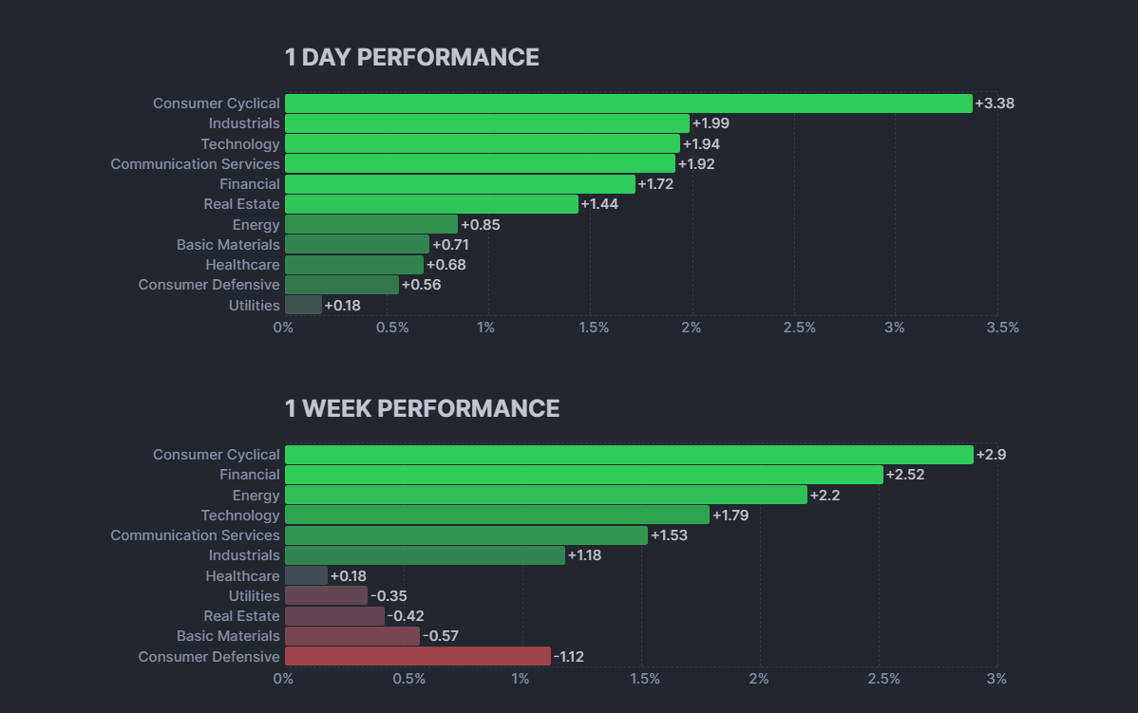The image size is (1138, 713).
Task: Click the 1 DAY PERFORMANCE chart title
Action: coord(411,58)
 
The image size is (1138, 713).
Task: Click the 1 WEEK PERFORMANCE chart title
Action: coord(422,409)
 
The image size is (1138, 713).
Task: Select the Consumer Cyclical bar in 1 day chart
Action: coord(628,103)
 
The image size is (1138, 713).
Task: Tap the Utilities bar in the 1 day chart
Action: coord(303,305)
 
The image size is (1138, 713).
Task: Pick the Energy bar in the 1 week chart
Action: coord(545,495)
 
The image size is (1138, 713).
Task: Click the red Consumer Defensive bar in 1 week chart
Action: coord(417,656)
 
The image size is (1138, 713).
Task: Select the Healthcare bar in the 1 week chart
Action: coord(306,575)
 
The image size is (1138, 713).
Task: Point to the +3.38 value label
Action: coord(995,103)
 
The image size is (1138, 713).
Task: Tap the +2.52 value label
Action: coord(904,475)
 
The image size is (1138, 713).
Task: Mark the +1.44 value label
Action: coord(598,204)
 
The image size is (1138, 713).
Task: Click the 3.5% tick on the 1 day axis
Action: coord(1001,328)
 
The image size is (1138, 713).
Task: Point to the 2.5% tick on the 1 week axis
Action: coord(883,679)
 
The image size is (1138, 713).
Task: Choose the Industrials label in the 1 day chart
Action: coord(244,123)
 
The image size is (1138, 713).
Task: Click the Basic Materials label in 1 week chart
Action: coord(228,636)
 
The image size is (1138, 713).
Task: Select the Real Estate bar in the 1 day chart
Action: coord(431,204)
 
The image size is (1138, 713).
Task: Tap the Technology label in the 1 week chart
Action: coord(240,516)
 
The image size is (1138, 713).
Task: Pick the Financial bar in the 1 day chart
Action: coord(460,184)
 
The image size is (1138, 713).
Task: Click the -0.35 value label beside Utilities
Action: coord(389,596)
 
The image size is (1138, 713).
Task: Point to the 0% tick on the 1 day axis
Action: coord(283,328)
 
